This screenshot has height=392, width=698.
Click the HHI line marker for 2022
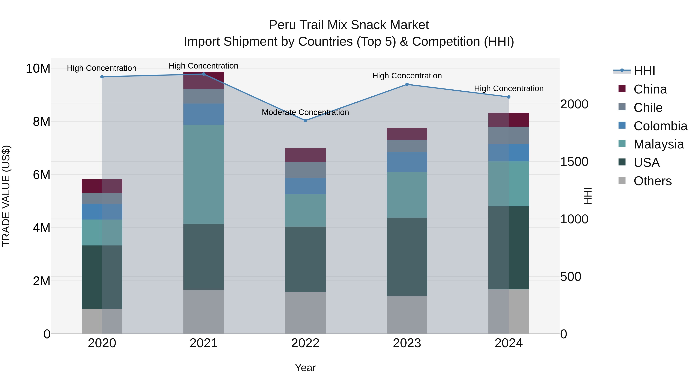point(305,121)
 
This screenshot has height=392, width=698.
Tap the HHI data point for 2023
point(407,84)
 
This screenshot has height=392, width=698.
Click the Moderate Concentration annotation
point(305,112)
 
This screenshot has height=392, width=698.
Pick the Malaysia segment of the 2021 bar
point(204,174)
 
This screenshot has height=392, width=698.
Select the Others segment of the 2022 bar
point(305,313)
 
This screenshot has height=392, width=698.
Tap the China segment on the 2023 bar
point(407,134)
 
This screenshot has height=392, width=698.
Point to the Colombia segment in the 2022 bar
point(305,186)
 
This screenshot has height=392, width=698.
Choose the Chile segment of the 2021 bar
point(204,96)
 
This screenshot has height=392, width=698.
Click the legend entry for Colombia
point(660,126)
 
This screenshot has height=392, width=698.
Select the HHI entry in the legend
point(644,71)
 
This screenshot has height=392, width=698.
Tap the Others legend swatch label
point(652,181)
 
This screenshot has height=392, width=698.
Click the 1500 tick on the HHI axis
point(574,162)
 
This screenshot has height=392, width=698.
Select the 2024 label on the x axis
point(509,343)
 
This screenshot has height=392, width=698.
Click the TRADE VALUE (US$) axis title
point(6,196)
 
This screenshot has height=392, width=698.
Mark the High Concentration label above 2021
point(204,66)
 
